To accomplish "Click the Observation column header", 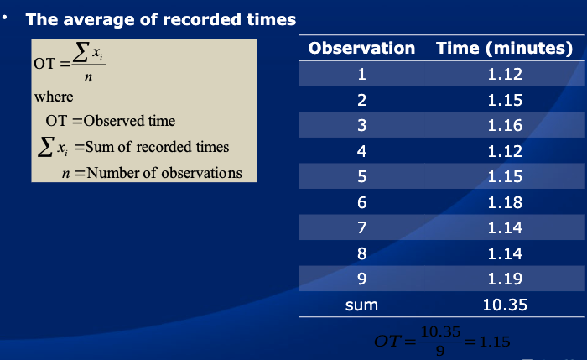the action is [x=361, y=49].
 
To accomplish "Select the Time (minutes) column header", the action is [x=505, y=49].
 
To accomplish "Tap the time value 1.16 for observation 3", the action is [x=505, y=125].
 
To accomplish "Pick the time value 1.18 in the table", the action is [x=505, y=202].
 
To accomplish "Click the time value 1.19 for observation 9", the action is [x=505, y=279].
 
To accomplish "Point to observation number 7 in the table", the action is [x=361, y=227].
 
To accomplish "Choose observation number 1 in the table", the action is [x=361, y=74].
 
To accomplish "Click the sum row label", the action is [x=361, y=305].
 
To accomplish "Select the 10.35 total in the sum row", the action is [x=505, y=305].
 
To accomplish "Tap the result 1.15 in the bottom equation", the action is [x=495, y=342].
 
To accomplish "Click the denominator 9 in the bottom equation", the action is [x=440, y=351].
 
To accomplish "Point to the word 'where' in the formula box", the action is [x=54, y=97].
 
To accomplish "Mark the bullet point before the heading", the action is [x=4, y=18].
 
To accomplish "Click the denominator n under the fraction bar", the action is [x=88, y=77].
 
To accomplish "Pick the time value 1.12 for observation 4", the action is [x=505, y=151].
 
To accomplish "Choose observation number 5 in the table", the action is [x=361, y=177].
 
